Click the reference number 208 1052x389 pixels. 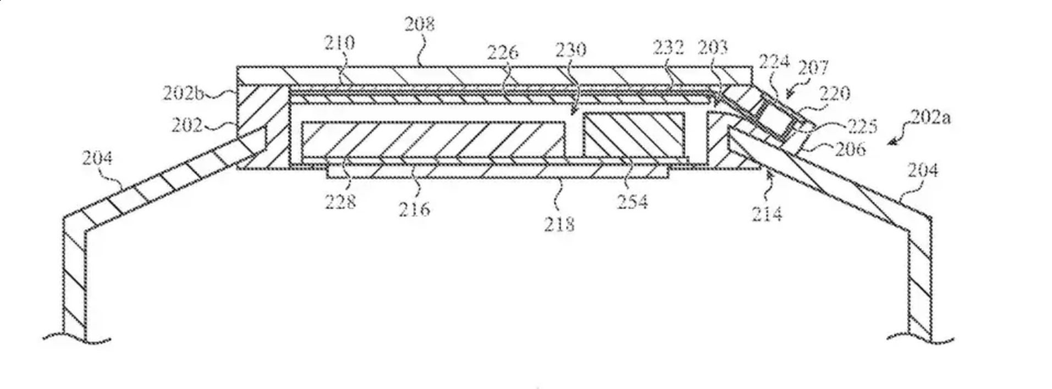419,24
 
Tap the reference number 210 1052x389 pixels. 339,43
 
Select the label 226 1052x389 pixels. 503,52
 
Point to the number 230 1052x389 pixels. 570,50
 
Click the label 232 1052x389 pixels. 668,48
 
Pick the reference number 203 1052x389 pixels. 713,48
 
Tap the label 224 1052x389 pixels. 774,62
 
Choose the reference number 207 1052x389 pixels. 813,68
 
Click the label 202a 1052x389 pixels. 930,118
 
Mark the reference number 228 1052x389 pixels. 340,202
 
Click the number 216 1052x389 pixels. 414,209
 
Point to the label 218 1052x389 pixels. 559,224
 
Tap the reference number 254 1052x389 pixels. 632,202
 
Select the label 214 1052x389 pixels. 767,213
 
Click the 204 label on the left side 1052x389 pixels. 97,158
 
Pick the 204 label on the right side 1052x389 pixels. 922,171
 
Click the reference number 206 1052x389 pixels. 850,149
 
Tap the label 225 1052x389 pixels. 862,127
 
